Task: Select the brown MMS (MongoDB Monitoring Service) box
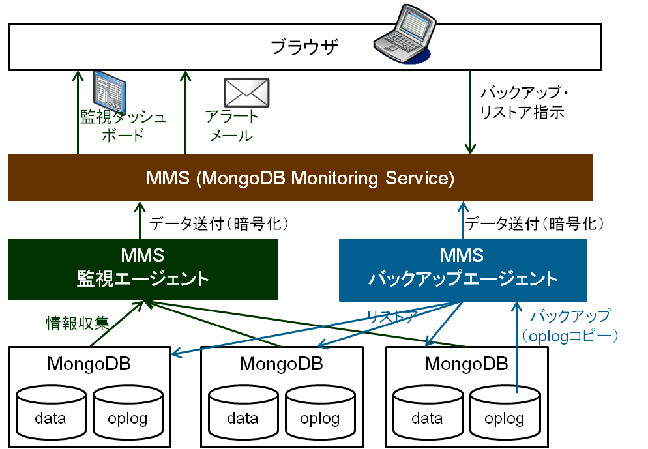point(301,178)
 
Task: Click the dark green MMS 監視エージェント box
point(143,269)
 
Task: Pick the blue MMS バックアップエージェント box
point(463,269)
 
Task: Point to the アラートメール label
point(231,126)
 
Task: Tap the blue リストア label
point(391,317)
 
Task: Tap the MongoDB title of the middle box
point(281,363)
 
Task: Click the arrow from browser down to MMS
point(470,111)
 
